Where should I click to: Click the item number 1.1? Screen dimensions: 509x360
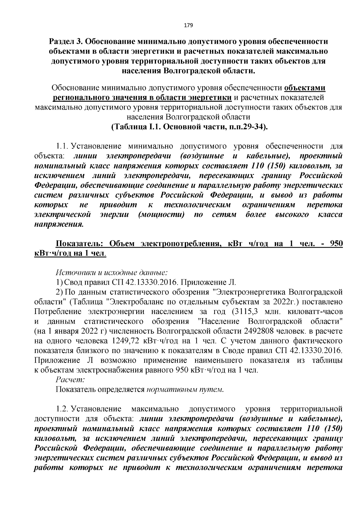[x=63, y=146]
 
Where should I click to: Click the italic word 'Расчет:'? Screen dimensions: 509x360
[x=70, y=380]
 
